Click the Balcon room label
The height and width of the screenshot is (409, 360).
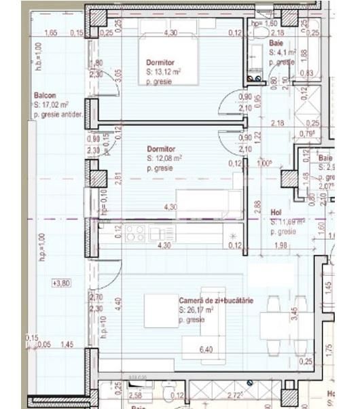(46, 96)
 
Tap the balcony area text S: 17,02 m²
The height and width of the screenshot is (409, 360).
(51, 105)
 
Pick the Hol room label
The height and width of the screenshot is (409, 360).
(276, 212)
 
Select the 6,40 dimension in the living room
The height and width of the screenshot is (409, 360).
(207, 349)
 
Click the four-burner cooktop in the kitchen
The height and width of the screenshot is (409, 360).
(135, 234)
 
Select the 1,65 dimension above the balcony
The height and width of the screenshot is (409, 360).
(50, 33)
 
